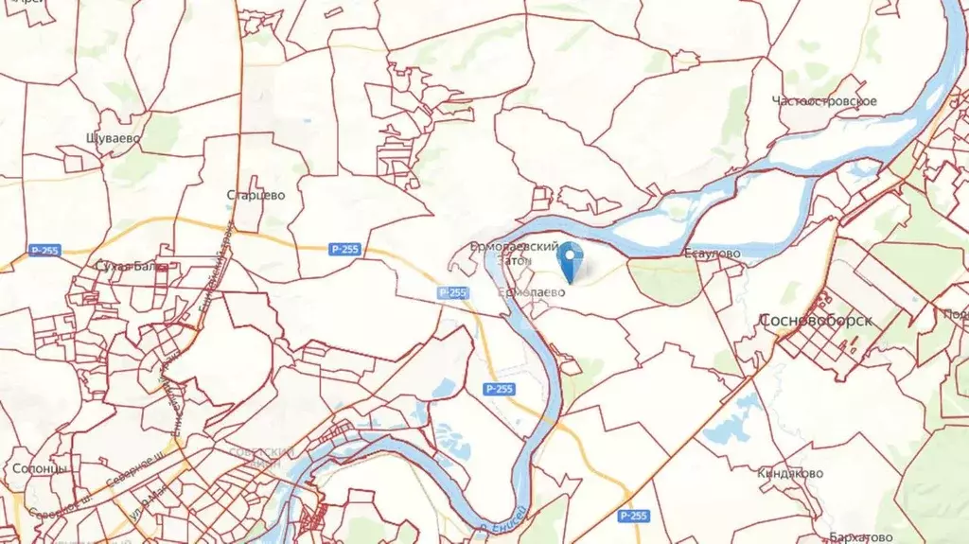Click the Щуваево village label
113,138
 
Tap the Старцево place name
255,196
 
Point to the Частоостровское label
824,101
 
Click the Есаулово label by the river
712,254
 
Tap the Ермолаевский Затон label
515,252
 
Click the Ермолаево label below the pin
532,293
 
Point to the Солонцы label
40,468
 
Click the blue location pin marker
571,261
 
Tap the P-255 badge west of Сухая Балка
44,251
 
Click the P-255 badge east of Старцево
344,249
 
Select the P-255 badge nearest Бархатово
633,516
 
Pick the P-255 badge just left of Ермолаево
453,293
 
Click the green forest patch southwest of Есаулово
665,281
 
